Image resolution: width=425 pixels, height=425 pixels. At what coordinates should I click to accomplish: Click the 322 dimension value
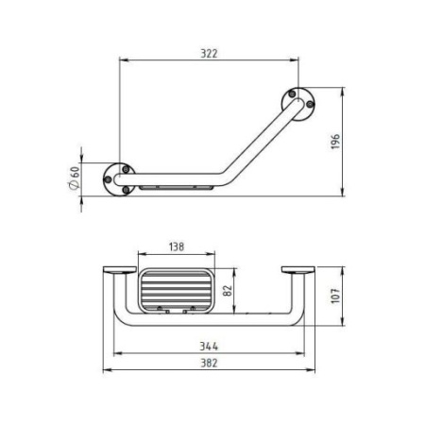[x=209, y=54]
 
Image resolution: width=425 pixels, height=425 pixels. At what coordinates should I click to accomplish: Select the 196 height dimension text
[x=335, y=142]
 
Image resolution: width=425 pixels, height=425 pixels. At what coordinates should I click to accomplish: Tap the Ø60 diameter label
[x=75, y=178]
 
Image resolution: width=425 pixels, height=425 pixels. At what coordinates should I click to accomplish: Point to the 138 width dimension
[x=177, y=246]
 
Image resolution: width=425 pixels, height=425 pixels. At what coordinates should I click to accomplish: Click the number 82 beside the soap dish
[x=228, y=290]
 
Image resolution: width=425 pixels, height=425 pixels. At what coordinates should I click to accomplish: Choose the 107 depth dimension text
[x=335, y=296]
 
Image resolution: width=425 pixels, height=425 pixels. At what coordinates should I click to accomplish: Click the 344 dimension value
[x=209, y=347]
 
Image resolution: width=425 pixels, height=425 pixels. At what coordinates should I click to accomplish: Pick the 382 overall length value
[x=209, y=363]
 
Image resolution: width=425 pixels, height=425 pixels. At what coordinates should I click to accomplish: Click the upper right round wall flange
[x=298, y=104]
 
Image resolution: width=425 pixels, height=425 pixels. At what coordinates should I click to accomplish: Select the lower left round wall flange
[x=119, y=179]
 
